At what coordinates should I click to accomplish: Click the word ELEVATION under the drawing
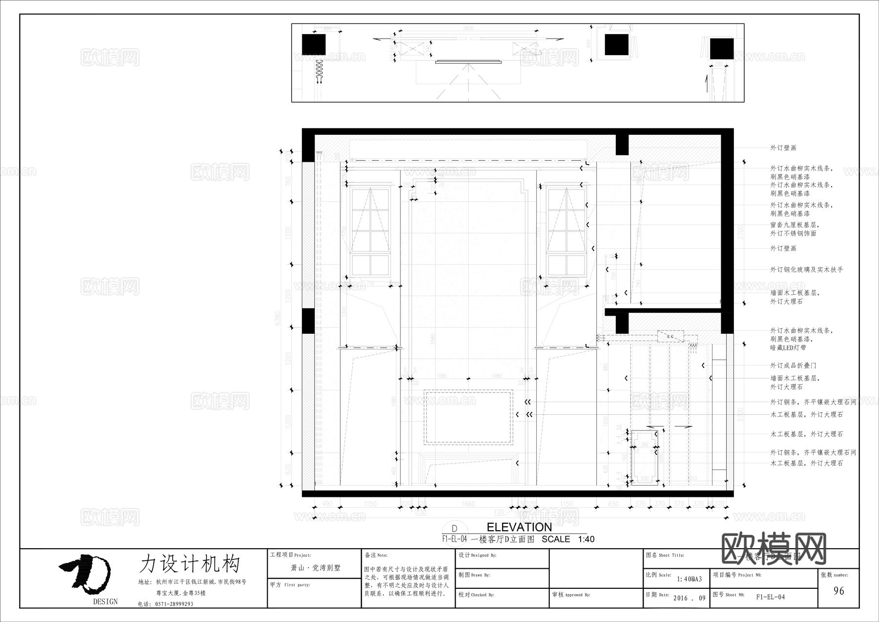coord(519,527)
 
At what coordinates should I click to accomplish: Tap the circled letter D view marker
coord(454,529)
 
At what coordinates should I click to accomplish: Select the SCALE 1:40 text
coord(568,539)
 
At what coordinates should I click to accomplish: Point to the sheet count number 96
coord(838,591)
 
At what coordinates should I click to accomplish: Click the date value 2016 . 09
coord(689,598)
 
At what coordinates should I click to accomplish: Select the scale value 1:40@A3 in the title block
coord(689,579)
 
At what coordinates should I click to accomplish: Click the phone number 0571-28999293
coord(174,604)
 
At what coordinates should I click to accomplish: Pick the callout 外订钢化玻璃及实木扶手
coord(806,270)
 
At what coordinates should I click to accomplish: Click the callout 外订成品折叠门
coord(793,365)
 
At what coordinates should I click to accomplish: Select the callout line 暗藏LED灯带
coord(788,348)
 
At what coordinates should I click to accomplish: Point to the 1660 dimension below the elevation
coord(468,504)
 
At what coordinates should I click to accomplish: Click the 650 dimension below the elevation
coord(613,504)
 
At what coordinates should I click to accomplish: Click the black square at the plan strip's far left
coord(314,44)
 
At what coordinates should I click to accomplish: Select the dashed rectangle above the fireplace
coord(468,417)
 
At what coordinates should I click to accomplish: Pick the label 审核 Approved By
coord(571,595)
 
